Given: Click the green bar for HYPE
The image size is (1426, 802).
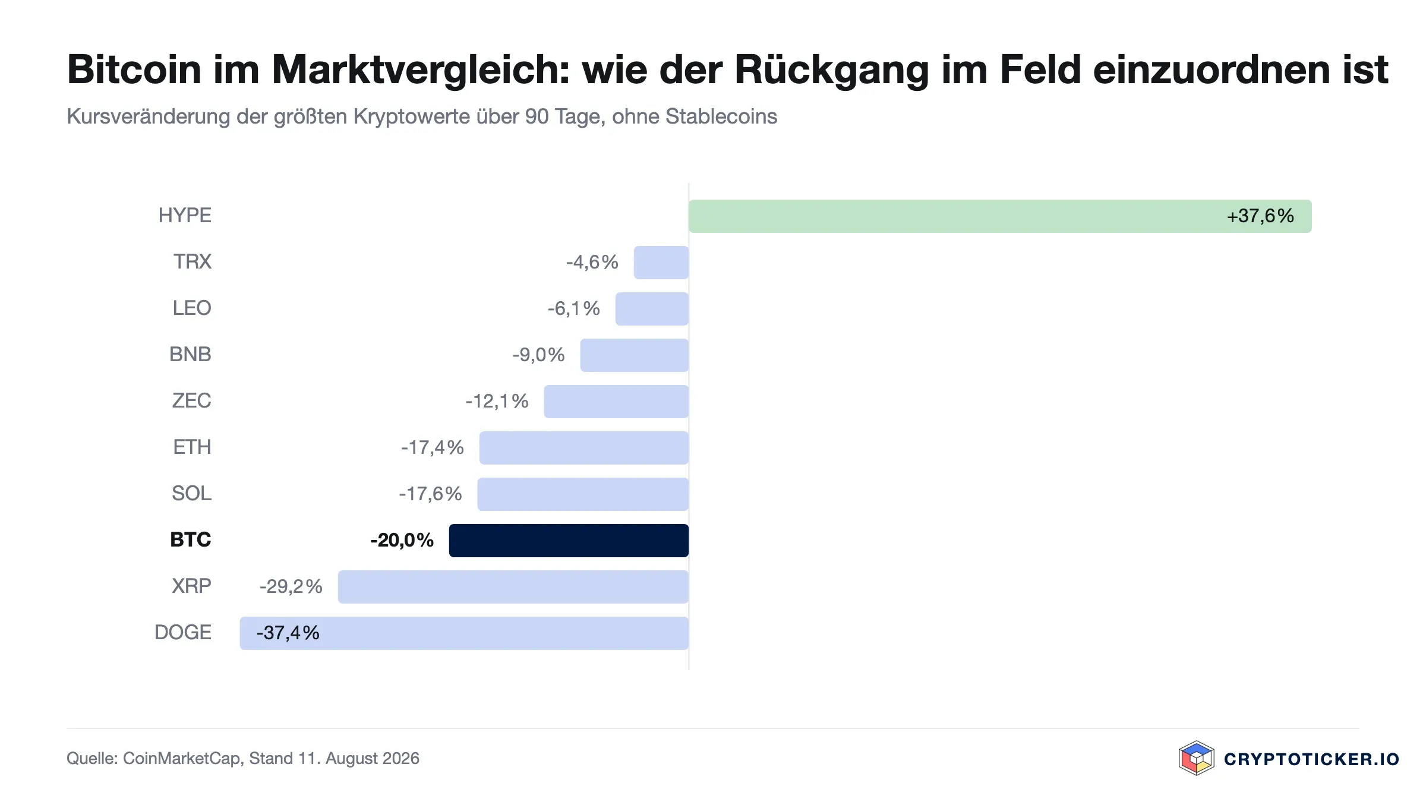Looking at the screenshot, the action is coord(1000,216).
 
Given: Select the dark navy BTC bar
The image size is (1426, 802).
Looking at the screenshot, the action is coord(569,541).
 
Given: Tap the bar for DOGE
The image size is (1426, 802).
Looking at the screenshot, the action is coord(464,633).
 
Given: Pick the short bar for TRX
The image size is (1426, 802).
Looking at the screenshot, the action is coord(661,263).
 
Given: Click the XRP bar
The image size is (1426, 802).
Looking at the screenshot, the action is coord(513,587).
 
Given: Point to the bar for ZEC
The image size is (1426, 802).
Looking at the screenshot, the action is coord(616,402).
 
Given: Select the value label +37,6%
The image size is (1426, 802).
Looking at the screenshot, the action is coord(1260,216).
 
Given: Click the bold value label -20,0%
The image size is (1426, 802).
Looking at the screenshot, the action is coord(402,540).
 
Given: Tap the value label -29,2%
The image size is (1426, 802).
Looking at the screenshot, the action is coord(291,586).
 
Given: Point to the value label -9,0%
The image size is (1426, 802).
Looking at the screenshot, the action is coord(538,355).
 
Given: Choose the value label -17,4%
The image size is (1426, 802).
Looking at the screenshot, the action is coord(432,447).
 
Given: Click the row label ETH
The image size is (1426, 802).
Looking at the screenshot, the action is coord(192,447).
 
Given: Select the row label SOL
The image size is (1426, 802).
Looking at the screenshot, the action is coord(191,493).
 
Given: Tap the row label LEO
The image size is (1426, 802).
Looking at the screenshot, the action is coord(192,308).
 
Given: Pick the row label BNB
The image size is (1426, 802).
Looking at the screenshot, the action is coord(190,354).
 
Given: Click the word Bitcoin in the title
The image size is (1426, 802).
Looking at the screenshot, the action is coord(134,70).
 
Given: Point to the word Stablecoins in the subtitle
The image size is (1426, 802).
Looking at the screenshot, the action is coord(721,116).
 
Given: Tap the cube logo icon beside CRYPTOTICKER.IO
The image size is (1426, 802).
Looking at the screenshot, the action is coord(1196,758).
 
